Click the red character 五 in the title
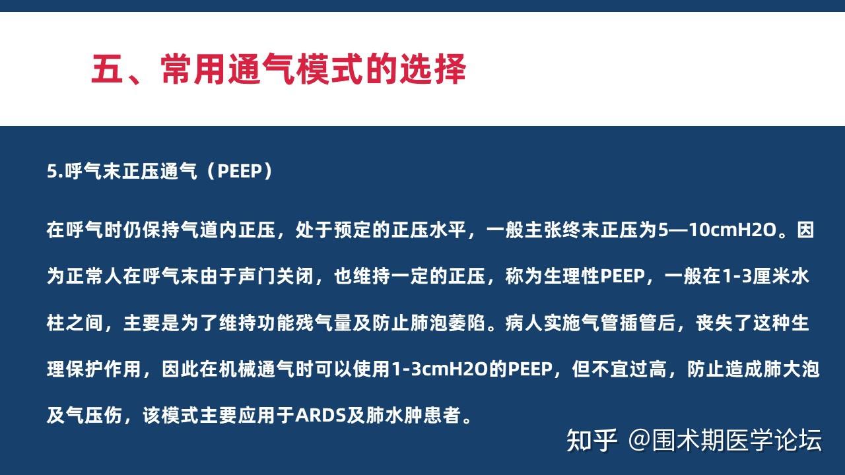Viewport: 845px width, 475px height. point(107,69)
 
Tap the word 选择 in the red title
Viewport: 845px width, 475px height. point(432,69)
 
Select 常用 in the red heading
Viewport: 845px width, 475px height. point(194,69)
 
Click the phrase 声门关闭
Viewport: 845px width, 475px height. point(276,276)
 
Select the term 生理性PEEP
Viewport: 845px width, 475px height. point(594,276)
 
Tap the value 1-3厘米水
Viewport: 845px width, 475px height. point(765,276)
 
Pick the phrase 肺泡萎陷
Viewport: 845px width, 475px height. point(448,323)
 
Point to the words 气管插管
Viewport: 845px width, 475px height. point(619,323)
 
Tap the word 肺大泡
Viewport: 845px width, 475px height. point(791,369)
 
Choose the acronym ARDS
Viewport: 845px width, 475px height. point(321,416)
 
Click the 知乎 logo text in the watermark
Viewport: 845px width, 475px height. point(591,440)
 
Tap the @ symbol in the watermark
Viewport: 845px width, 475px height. point(640,440)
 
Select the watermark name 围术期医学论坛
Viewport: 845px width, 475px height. point(737,440)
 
